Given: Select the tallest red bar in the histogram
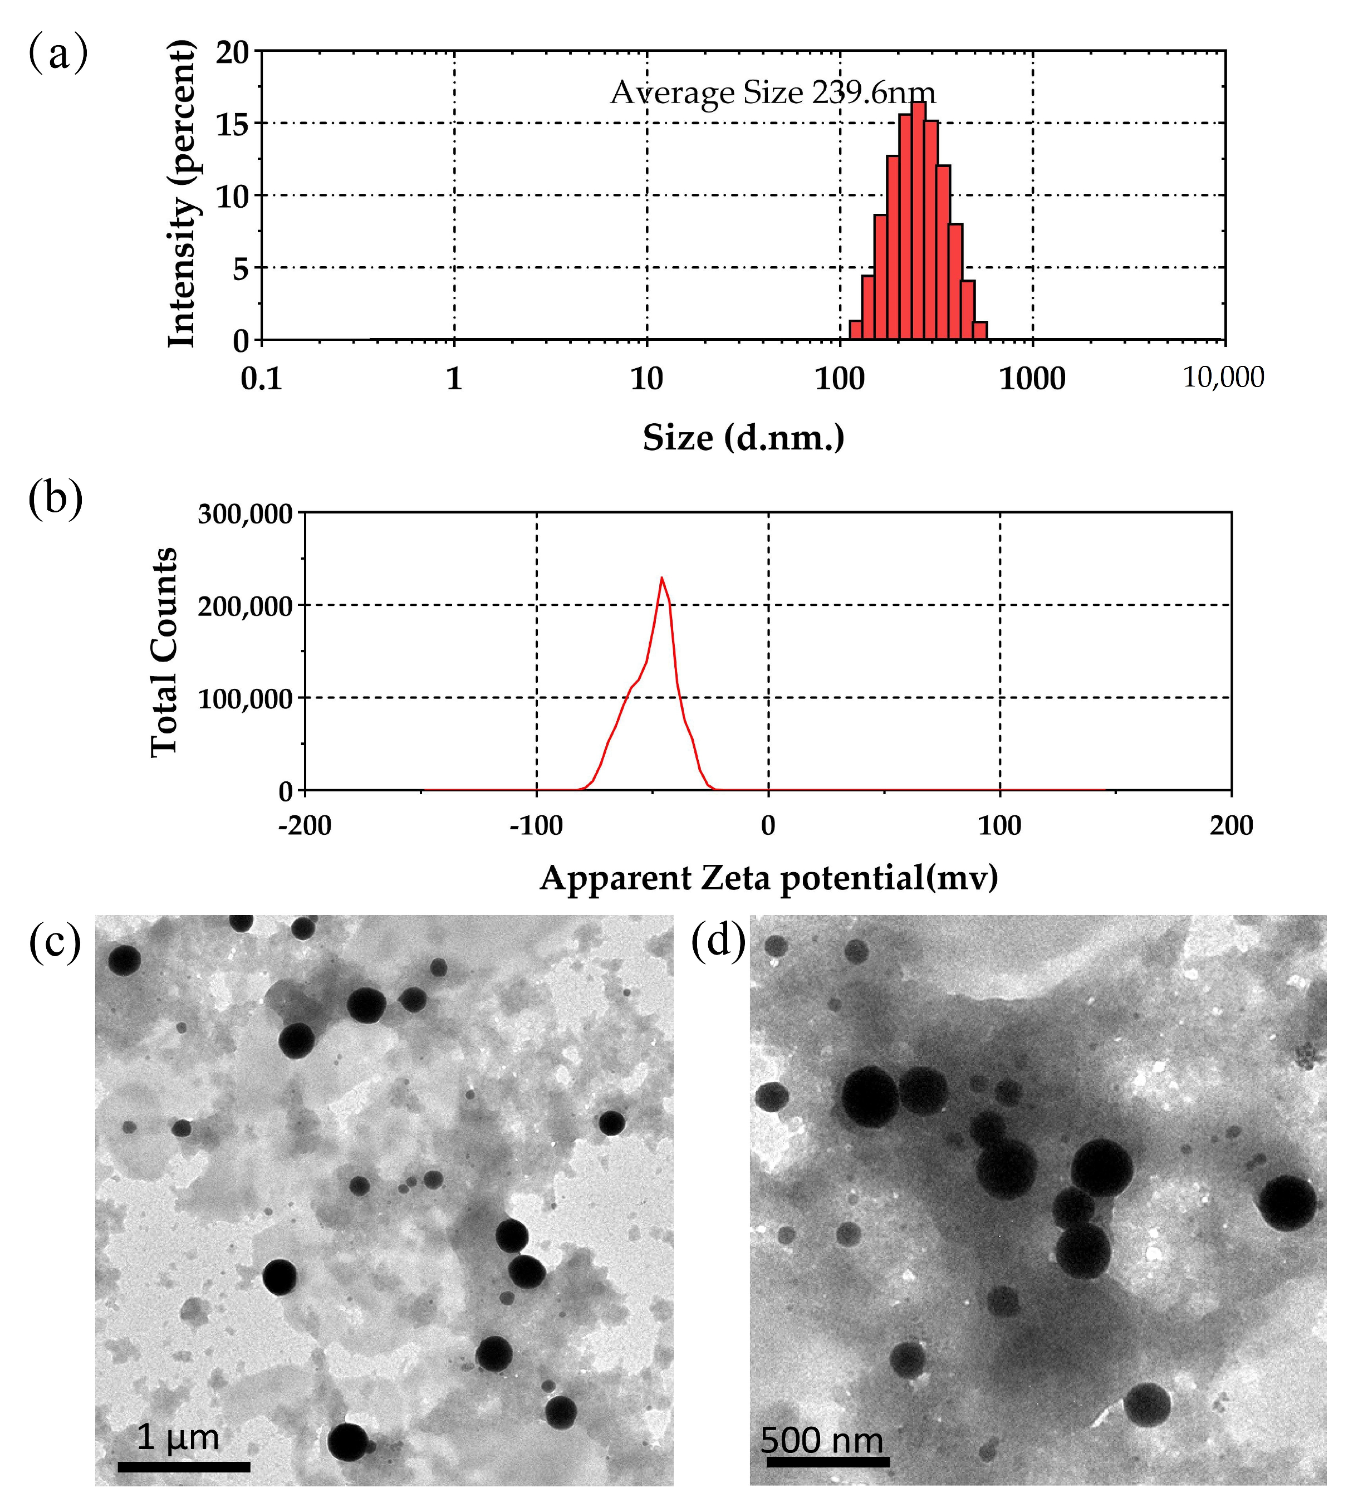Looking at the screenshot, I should [918, 221].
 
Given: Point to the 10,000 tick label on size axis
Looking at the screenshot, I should [1223, 378].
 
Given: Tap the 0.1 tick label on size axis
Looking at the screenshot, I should [262, 379].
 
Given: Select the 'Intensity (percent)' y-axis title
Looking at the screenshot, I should [182, 194].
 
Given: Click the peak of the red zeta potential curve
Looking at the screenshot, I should [661, 578].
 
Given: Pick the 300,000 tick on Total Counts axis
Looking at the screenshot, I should [244, 514].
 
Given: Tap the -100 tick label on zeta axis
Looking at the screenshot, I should [536, 826].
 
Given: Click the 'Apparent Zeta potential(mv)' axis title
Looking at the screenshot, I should [768, 878].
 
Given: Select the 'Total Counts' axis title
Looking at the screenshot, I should [164, 652].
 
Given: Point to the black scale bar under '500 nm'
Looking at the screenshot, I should [827, 1461].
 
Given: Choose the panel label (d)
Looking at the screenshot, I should [717, 941].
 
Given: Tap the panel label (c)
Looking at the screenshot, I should [55, 943].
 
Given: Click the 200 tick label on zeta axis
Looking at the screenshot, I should [1230, 826].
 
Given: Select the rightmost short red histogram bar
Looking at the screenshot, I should [980, 330].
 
